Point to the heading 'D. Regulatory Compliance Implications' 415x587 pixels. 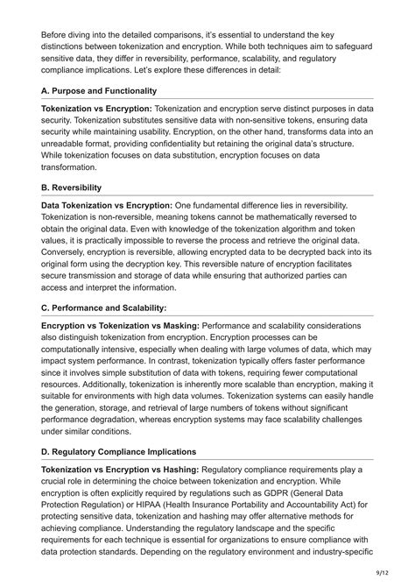coord(119,452)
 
